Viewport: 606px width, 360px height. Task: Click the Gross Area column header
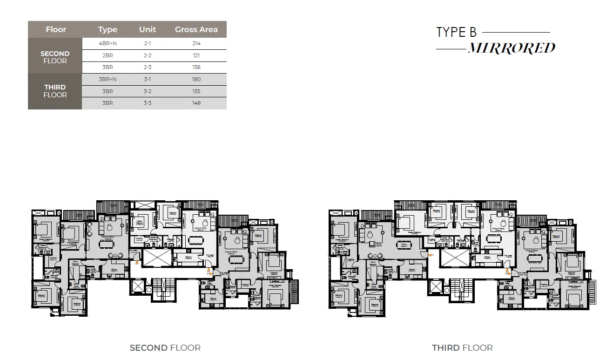pyautogui.click(x=196, y=29)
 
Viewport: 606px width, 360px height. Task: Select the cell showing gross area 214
pyautogui.click(x=196, y=43)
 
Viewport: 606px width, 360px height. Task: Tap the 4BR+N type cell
pyautogui.click(x=108, y=43)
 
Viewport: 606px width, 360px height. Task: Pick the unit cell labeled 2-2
pyautogui.click(x=148, y=55)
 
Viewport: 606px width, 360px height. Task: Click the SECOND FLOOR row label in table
pyautogui.click(x=55, y=57)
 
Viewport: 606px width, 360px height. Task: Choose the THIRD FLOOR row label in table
pyautogui.click(x=55, y=91)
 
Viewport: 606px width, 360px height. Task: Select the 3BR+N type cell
pyautogui.click(x=108, y=79)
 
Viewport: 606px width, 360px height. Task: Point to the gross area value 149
pyautogui.click(x=196, y=103)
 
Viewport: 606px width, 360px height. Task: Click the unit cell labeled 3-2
pyautogui.click(x=148, y=91)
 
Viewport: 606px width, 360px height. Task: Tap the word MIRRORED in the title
pyautogui.click(x=511, y=48)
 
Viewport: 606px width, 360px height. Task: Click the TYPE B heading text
pyautogui.click(x=457, y=33)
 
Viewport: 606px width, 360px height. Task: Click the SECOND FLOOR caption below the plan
pyautogui.click(x=165, y=348)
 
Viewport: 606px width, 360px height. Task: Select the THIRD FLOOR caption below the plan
pyautogui.click(x=462, y=348)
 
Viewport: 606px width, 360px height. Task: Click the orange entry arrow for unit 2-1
pyautogui.click(x=136, y=263)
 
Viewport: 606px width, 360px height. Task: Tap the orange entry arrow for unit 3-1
pyautogui.click(x=431, y=255)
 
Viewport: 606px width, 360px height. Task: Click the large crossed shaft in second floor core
pyautogui.click(x=156, y=258)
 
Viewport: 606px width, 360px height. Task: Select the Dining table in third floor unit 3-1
pyautogui.click(x=403, y=245)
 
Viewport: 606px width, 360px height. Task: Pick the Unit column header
pyautogui.click(x=148, y=29)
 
